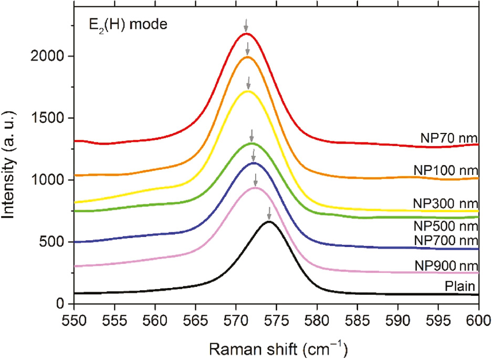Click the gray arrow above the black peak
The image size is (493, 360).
[x=269, y=213]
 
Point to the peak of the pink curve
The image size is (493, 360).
[x=255, y=188]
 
